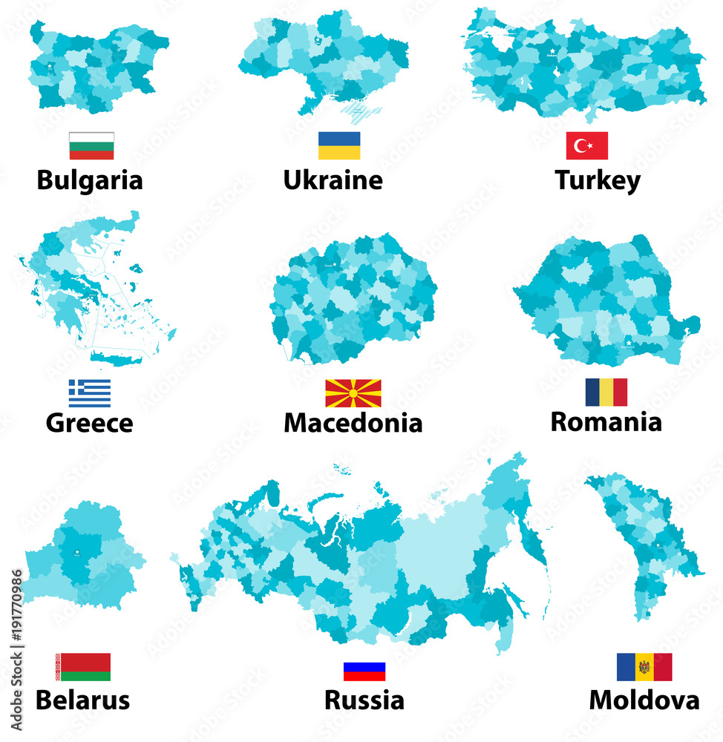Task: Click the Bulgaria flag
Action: [x=91, y=145]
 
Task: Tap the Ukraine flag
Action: [x=339, y=145]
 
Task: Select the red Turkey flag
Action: [x=586, y=145]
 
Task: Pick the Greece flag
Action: [x=90, y=393]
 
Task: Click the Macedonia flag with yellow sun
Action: [x=353, y=393]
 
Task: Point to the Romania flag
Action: [x=606, y=392]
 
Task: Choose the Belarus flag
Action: [x=83, y=666]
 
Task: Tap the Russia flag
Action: [x=364, y=671]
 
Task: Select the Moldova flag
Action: [x=644, y=666]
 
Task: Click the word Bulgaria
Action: [x=90, y=180]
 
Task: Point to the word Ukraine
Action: [x=333, y=180]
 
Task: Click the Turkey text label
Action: [x=598, y=180]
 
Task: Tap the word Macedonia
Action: [x=353, y=423]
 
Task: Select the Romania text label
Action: [x=606, y=421]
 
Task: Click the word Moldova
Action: [x=644, y=700]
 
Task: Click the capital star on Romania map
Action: [x=629, y=342]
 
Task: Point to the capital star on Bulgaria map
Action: [x=50, y=66]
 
